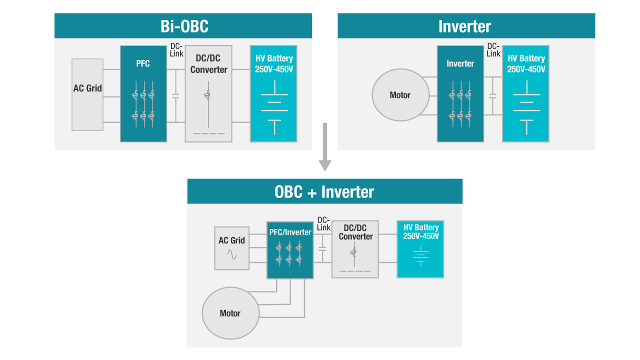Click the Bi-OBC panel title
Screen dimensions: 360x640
tap(184, 26)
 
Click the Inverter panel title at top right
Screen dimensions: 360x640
tap(464, 26)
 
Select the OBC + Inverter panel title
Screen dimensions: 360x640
tap(324, 191)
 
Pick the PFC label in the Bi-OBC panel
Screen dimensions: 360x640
tap(143, 64)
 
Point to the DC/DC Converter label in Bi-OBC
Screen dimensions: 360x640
tap(208, 64)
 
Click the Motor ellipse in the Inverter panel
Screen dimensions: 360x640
tap(400, 95)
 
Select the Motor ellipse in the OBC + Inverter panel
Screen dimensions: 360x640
tap(230, 313)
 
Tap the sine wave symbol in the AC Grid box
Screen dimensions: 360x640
tap(232, 254)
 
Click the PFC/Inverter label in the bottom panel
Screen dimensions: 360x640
tap(290, 232)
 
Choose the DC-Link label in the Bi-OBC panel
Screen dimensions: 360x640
tap(177, 50)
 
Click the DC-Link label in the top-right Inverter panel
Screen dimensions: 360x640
tap(493, 50)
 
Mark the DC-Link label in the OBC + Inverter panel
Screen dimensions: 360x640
tap(324, 224)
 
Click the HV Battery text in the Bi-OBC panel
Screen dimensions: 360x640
tap(274, 64)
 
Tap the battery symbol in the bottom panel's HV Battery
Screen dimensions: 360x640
tap(420, 255)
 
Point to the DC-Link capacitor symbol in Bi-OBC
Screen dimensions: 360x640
tap(175, 95)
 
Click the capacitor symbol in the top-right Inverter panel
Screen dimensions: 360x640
tap(492, 95)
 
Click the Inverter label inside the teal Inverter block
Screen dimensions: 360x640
tap(460, 64)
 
